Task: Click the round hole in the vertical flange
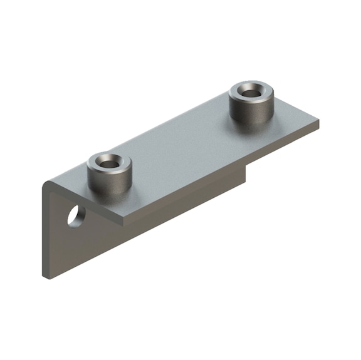point(76,216)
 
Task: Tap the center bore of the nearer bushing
point(108,163)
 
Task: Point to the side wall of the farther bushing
point(250,111)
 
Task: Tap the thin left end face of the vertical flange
point(44,232)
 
